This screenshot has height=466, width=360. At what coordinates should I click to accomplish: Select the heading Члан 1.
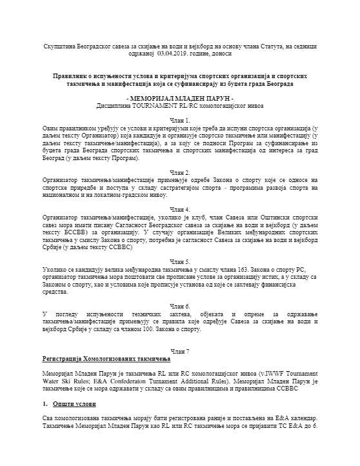point(180,120)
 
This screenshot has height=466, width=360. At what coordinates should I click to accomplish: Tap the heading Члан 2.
point(180,173)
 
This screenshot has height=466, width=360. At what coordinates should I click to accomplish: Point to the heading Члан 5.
point(180,263)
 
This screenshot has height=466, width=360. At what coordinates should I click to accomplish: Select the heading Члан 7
point(180,350)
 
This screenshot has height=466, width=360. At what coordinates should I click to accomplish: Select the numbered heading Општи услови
point(74,403)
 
